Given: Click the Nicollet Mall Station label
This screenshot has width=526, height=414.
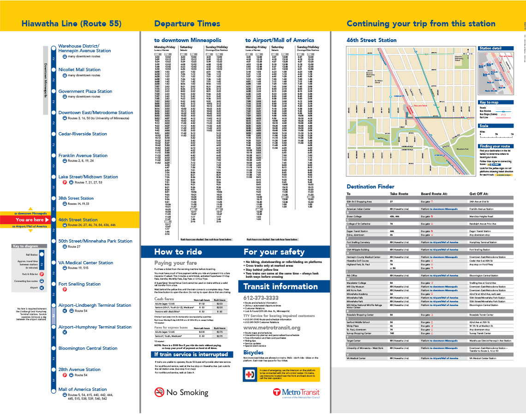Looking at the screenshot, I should [79, 70].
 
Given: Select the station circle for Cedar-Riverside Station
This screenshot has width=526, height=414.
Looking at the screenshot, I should [54, 134].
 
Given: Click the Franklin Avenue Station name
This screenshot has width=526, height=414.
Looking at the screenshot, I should [83, 156].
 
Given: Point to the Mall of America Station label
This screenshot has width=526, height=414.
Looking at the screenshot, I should [83, 390].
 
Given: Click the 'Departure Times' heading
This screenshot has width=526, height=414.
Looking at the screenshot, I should [187, 24].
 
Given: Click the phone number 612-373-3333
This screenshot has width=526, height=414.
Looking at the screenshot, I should [261, 298].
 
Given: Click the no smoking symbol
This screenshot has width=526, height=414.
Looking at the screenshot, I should [159, 392].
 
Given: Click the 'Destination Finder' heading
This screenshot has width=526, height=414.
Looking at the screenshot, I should [371, 187].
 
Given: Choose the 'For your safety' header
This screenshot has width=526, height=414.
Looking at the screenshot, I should [274, 252].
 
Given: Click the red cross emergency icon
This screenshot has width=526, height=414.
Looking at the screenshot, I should [251, 374].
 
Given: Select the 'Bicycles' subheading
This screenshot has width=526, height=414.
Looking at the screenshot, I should [253, 352].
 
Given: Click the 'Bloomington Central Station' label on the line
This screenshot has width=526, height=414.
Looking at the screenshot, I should [88, 348].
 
